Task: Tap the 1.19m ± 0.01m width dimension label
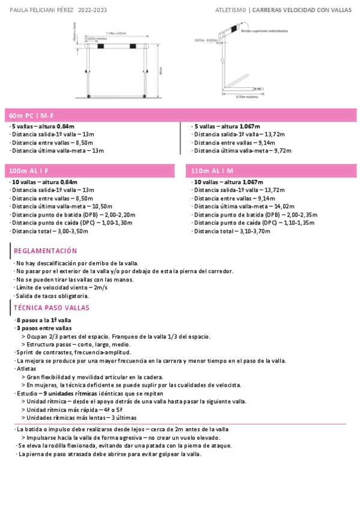115,33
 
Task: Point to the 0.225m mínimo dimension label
94,38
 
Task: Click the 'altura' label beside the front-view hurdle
161,71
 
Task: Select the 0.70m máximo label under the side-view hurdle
246,97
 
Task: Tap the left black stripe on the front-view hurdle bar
101,46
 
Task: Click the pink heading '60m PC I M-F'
32,114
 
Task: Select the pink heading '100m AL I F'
28,171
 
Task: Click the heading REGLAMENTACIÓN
45,251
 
